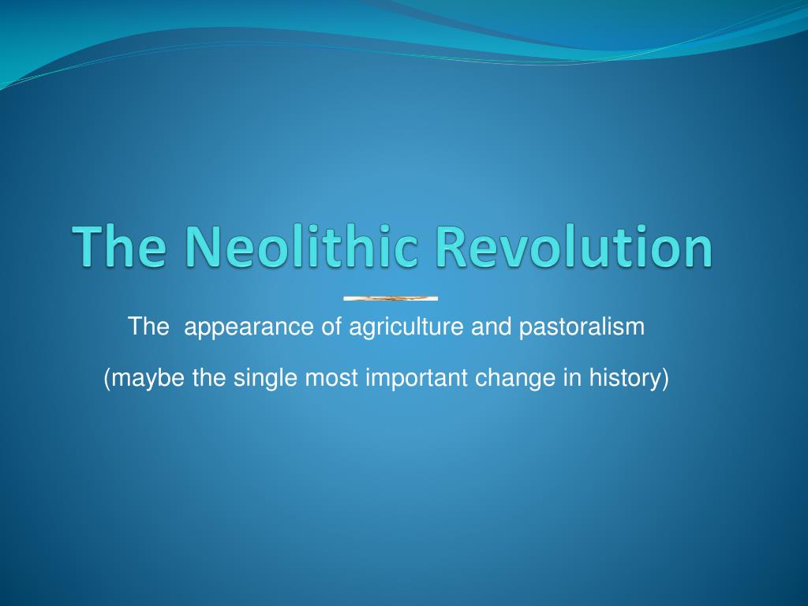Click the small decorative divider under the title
(391, 298)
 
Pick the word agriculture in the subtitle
(406, 327)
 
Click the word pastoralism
(582, 327)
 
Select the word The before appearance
(148, 326)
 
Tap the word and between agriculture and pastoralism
(491, 326)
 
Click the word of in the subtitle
(331, 326)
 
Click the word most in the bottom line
(331, 378)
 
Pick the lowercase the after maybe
(209, 377)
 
